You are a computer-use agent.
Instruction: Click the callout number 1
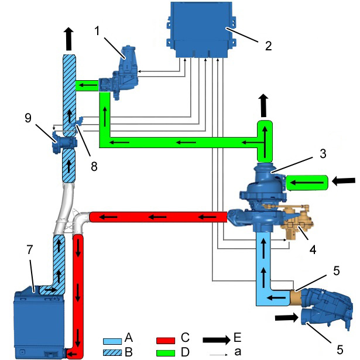(97, 31)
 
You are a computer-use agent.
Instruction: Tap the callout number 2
(268, 46)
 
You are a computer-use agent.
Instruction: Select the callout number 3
(323, 153)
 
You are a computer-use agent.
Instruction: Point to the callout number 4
(313, 249)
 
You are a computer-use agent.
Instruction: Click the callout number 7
(30, 249)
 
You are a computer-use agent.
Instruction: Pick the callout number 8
(94, 166)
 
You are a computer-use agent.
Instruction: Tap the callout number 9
(28, 118)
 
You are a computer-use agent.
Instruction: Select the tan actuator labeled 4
(296, 221)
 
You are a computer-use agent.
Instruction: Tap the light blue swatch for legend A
(112, 341)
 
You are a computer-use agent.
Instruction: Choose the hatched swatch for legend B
(112, 352)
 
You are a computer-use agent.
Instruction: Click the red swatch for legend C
(166, 341)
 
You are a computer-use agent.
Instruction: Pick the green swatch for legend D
(166, 353)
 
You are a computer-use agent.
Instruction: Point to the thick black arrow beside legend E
(217, 340)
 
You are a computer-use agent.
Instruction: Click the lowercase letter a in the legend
(238, 351)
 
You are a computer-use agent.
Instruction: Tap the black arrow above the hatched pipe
(68, 39)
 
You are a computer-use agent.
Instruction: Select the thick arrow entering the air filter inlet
(287, 318)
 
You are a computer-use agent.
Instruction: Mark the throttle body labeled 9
(65, 142)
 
